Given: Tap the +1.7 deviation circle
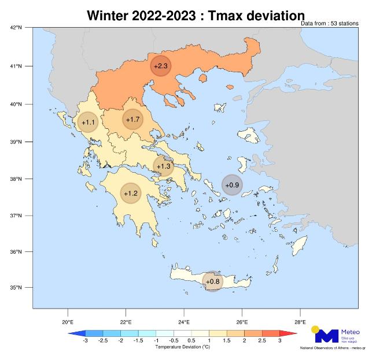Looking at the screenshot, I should [132, 120].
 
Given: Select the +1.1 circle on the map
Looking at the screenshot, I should [88, 123].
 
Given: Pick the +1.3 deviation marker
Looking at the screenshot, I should [164, 166].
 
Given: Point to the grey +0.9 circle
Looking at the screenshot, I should [232, 185].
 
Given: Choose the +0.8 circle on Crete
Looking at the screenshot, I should [213, 281].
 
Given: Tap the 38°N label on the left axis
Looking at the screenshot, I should [16, 179].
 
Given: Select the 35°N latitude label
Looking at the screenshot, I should [16, 288].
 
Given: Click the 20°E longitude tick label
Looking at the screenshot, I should [67, 322].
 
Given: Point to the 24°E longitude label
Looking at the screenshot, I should [184, 322].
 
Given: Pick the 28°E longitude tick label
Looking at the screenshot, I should [300, 322].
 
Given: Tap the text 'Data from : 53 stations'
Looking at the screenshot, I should [330, 24].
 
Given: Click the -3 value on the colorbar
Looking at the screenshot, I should [85, 342].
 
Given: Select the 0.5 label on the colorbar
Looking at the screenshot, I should [191, 342].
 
